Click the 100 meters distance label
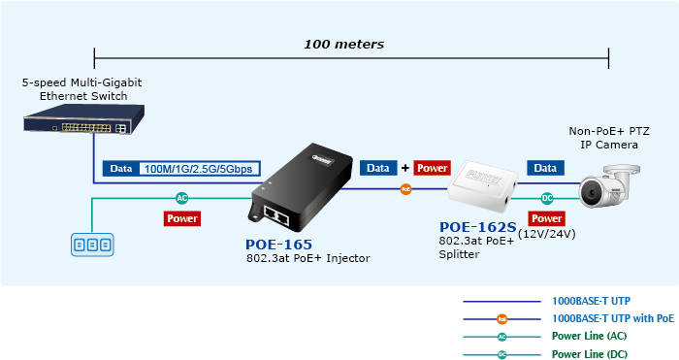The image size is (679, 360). pyautogui.click(x=343, y=45)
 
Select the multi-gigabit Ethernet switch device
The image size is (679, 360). pyautogui.click(x=84, y=118)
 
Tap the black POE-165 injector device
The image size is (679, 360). pyautogui.click(x=300, y=187)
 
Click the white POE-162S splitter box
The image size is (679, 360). pyautogui.click(x=483, y=186)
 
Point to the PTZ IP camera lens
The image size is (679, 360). pyautogui.click(x=590, y=191)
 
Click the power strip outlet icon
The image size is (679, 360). pyautogui.click(x=92, y=245)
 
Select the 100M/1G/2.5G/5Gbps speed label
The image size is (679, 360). pyautogui.click(x=198, y=169)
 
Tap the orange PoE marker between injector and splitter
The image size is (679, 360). pyautogui.click(x=405, y=189)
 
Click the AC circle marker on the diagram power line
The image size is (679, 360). pyautogui.click(x=182, y=198)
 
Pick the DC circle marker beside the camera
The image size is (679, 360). pyautogui.click(x=547, y=198)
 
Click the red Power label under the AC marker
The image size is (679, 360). pyautogui.click(x=182, y=218)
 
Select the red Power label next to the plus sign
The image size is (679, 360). pyautogui.click(x=433, y=168)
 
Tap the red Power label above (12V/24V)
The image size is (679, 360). pyautogui.click(x=546, y=218)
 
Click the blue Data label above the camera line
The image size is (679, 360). pyautogui.click(x=545, y=168)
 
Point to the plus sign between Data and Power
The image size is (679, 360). pyautogui.click(x=405, y=168)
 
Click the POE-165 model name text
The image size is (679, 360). pyautogui.click(x=279, y=245)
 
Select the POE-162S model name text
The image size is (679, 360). pyautogui.click(x=478, y=227)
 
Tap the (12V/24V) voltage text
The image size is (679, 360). pyautogui.click(x=547, y=234)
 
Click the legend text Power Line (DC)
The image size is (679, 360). pyautogui.click(x=590, y=354)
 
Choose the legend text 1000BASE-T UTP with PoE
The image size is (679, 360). pyautogui.click(x=613, y=318)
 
